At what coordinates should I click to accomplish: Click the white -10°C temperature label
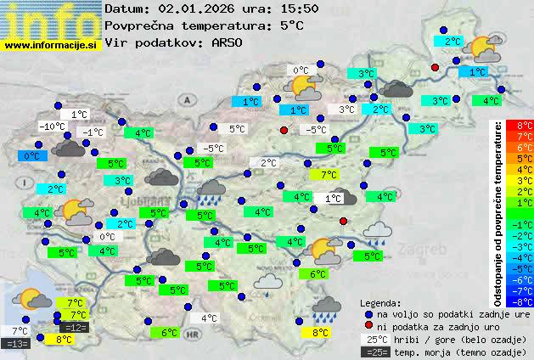coord(53,127)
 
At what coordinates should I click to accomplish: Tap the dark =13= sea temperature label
coord(16,343)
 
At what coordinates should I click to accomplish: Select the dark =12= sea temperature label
coord(74,327)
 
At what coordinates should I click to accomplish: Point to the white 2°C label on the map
coord(268,163)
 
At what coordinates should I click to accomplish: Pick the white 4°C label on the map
coord(208,318)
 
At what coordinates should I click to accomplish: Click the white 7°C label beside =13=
coord(19,330)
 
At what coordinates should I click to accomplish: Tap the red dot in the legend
coord(368,326)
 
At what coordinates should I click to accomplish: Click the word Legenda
coord(381,301)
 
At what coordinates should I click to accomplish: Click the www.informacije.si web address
coord(52,45)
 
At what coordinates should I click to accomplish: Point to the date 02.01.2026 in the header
coord(196,8)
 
